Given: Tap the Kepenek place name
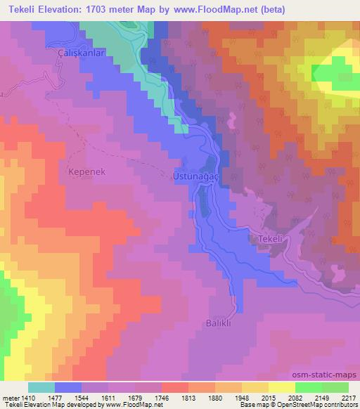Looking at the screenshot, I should [87, 171].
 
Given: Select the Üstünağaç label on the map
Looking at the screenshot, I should [197, 177].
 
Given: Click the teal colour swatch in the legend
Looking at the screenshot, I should [41, 387].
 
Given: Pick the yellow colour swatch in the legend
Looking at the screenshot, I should [281, 387].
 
